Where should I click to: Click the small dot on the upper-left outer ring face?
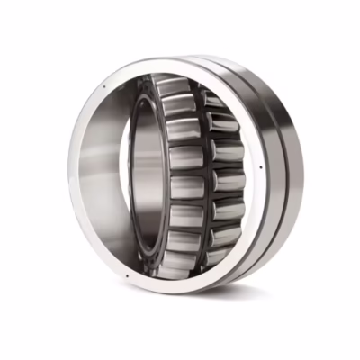(105, 86)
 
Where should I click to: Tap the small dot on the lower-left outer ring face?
(128, 275)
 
